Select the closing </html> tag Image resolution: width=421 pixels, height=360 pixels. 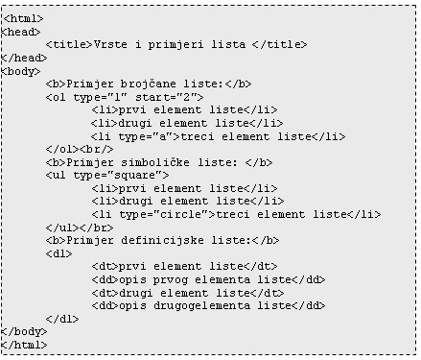[26, 344]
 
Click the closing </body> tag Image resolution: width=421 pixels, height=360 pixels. [26, 330]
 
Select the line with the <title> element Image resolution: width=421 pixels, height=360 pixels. [176, 44]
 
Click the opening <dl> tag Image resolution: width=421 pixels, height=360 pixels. [58, 252]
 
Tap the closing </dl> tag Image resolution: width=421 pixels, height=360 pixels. [61, 317]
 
